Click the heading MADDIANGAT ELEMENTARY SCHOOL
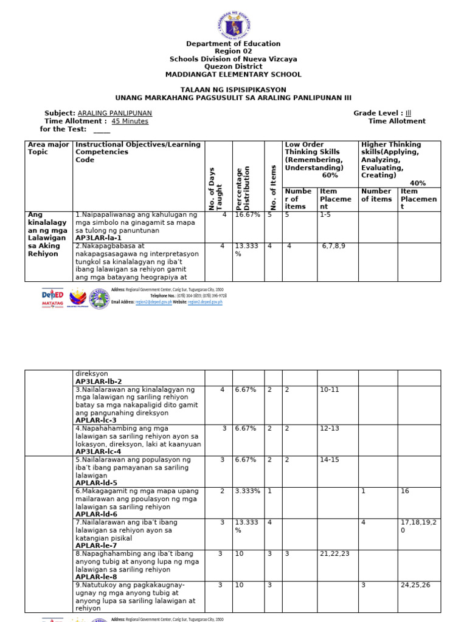click(x=233, y=75)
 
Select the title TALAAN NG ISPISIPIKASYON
click(x=233, y=89)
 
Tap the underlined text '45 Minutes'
click(x=130, y=121)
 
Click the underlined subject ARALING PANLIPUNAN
click(x=115, y=114)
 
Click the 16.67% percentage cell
click(x=247, y=215)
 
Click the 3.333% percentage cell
click(x=247, y=491)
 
